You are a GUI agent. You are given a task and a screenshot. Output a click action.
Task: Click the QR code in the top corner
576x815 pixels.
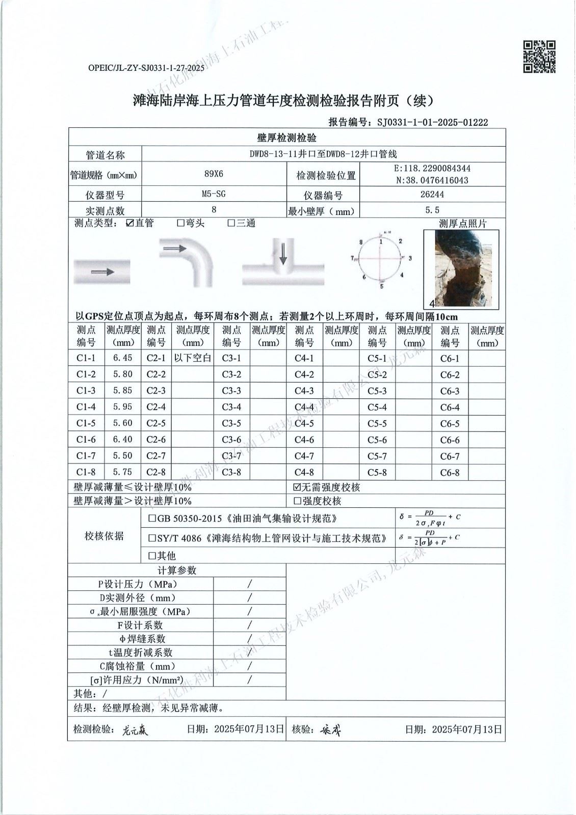point(539,57)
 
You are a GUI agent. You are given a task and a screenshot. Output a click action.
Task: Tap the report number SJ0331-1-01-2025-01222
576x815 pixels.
point(433,122)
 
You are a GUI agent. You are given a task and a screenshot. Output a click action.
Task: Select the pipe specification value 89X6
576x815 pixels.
point(214,174)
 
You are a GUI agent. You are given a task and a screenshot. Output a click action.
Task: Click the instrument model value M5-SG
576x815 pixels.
point(214,194)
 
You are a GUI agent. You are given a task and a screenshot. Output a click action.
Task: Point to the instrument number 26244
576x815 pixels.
point(432,194)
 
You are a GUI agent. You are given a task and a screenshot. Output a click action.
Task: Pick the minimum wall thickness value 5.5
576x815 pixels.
point(432,210)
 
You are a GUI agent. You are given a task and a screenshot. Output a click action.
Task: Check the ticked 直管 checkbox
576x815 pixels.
point(130,223)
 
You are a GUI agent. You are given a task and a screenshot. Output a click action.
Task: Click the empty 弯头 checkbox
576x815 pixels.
point(180,223)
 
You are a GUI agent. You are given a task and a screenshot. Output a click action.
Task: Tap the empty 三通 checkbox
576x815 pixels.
point(231,223)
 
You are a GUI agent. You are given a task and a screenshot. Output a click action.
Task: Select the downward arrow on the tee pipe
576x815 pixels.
point(283,253)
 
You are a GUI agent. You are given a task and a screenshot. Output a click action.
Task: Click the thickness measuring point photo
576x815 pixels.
point(461,268)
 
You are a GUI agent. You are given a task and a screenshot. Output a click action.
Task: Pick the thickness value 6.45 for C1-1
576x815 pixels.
point(122,358)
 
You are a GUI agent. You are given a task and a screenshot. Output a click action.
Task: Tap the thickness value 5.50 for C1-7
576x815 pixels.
point(122,456)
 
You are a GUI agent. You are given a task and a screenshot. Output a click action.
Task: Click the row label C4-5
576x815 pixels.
point(304,423)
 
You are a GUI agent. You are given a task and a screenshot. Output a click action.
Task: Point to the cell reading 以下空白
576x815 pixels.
point(193,358)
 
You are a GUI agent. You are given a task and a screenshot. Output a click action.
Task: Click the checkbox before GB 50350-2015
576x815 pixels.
point(152,519)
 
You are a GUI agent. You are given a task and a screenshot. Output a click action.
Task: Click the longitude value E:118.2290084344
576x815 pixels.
point(432,168)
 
